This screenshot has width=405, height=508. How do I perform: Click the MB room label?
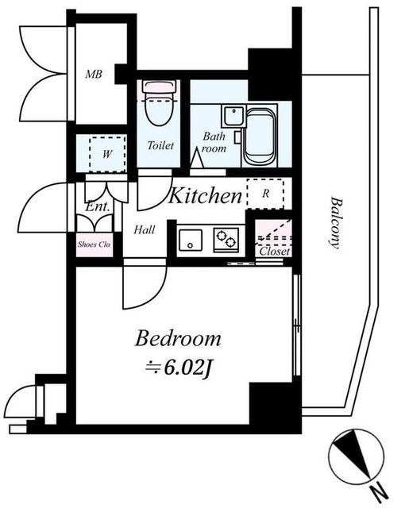[x=94, y=74]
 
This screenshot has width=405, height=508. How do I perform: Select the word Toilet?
[x=160, y=145]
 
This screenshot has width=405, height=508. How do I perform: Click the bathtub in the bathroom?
[x=260, y=137]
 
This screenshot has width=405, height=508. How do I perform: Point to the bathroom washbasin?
[x=233, y=117]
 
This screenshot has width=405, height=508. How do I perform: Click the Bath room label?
[x=214, y=142]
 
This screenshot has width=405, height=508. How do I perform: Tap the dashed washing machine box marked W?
[x=107, y=154]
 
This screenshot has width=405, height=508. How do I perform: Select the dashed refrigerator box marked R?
[x=265, y=194]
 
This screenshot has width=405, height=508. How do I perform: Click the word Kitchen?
[x=206, y=195]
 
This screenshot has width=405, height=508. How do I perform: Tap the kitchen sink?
[x=191, y=240]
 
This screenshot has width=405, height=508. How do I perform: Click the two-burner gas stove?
[x=226, y=240]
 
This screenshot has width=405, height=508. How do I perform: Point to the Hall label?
[x=145, y=230]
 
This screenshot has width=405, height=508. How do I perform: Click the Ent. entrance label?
[x=97, y=206]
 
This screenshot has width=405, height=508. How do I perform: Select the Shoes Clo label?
[x=94, y=244]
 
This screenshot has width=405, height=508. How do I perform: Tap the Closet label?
[x=275, y=251]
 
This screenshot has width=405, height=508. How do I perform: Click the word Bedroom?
[x=178, y=338]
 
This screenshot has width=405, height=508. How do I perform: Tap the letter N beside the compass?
[x=380, y=494]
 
